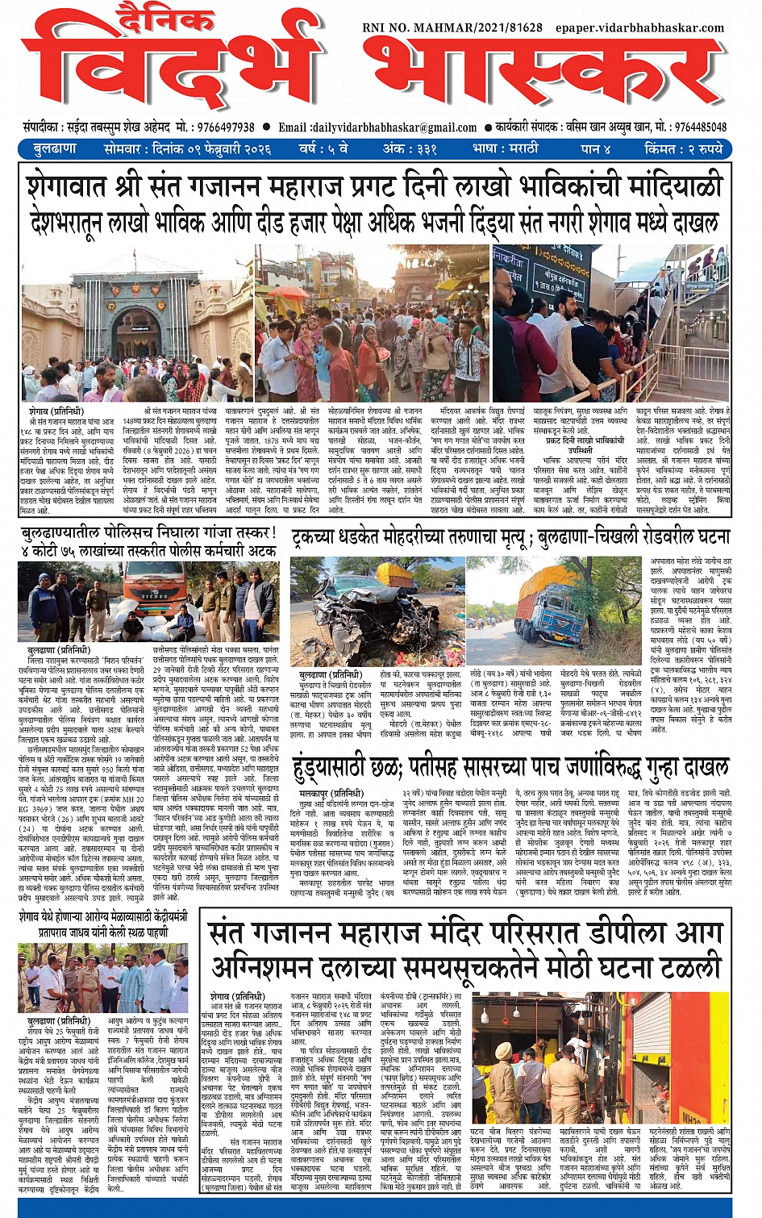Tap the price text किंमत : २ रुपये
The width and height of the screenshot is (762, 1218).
pos(683,149)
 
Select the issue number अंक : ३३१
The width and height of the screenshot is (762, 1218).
pos(410,149)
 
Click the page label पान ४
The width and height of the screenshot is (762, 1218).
pos(595,149)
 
